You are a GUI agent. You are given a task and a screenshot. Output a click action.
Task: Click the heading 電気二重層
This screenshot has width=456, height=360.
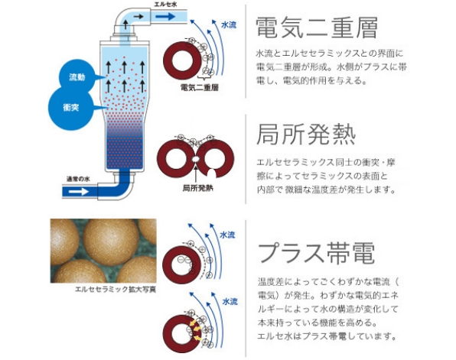[317, 28]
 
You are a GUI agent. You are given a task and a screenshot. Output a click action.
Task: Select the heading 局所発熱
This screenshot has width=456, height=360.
[306, 135]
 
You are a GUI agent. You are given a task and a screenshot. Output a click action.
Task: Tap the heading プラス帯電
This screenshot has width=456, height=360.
[317, 253]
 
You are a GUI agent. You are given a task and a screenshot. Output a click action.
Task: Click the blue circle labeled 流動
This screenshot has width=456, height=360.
[77, 77]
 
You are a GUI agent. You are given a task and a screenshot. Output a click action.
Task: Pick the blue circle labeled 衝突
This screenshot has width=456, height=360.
[71, 108]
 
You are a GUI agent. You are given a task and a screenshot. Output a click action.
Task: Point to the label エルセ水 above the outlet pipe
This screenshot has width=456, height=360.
[165, 5]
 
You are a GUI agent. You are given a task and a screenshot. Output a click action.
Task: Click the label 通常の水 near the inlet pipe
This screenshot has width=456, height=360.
[78, 179]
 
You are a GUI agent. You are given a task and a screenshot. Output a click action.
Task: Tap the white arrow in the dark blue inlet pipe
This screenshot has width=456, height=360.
[79, 192]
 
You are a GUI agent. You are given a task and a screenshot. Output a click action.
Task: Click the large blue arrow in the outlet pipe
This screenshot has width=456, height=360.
[165, 17]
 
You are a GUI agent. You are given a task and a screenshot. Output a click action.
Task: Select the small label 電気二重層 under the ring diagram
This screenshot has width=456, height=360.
[199, 87]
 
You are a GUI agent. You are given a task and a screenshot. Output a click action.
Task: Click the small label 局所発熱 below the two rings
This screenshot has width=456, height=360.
[197, 188]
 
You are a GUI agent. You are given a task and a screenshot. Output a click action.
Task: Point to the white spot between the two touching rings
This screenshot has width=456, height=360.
[196, 159]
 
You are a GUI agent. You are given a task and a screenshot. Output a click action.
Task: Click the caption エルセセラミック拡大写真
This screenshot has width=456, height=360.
[116, 290]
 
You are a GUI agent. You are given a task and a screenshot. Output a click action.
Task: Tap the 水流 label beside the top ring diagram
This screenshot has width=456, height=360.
[229, 25]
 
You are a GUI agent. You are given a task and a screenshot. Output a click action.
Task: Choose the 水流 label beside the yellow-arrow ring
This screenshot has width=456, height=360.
[230, 301]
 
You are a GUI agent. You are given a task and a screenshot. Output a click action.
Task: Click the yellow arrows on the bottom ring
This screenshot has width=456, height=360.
[194, 330]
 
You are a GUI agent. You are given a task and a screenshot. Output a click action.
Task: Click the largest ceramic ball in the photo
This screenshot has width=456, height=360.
[111, 242]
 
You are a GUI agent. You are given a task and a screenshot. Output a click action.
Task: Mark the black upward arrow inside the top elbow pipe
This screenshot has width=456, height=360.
[125, 24]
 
